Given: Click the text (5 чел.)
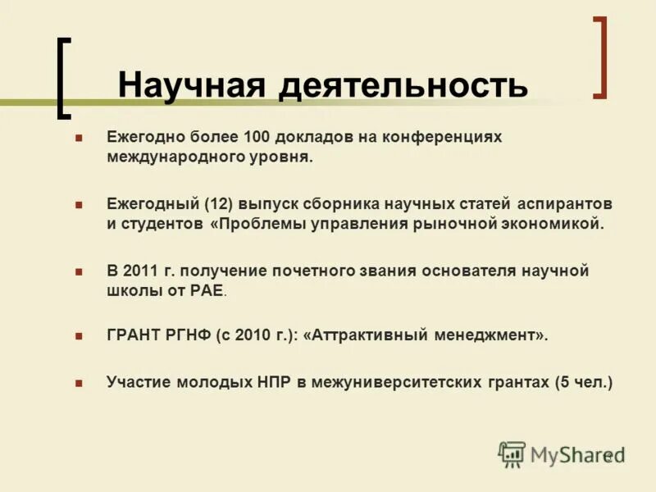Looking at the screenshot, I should coord(583,381).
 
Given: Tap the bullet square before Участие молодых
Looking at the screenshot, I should coord(79,382).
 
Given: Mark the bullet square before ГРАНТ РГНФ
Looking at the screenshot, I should coord(79,336).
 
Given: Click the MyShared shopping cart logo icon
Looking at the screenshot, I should coord(512,453).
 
